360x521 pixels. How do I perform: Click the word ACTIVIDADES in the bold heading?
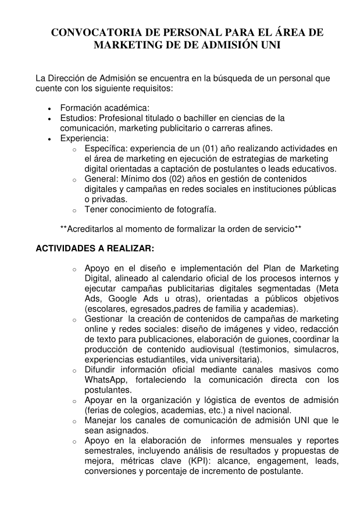pyautogui.click(x=67, y=248)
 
